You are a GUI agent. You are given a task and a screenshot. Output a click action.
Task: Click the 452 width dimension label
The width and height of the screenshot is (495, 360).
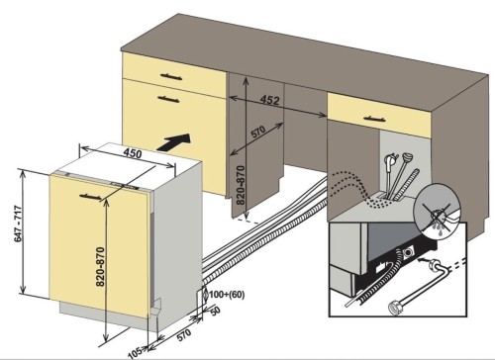tap(270, 100)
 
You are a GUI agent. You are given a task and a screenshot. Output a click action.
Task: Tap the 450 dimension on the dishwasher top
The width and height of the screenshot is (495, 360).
tap(133, 153)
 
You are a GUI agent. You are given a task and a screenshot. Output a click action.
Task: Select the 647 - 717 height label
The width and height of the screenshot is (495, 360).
tap(18, 224)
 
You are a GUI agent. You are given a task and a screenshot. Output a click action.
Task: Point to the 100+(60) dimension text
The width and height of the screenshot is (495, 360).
tap(227, 295)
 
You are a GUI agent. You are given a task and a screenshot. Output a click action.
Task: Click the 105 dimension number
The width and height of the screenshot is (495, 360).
tap(136, 353)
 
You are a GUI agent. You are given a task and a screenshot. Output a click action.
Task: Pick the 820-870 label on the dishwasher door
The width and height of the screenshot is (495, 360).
tap(100, 267)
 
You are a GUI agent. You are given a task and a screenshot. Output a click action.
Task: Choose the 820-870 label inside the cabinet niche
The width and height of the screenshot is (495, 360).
tap(241, 185)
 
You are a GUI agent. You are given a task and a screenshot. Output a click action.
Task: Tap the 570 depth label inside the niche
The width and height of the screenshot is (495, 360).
tap(258, 133)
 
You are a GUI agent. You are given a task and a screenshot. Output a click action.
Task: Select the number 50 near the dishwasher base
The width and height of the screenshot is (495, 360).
tap(215, 312)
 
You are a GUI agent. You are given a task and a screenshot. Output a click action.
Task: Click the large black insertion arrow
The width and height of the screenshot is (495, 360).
tap(174, 142)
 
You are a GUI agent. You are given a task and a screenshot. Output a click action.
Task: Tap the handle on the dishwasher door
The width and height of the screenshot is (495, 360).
tap(90, 197)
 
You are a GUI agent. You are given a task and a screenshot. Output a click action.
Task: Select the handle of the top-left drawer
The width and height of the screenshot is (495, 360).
tap(171, 77)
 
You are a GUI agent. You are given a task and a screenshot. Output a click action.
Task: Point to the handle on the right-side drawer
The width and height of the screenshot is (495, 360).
tap(374, 119)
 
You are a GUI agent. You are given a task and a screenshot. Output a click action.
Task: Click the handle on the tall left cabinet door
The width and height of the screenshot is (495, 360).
tap(168, 99)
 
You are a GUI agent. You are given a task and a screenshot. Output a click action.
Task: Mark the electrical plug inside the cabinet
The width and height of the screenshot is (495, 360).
tap(389, 165)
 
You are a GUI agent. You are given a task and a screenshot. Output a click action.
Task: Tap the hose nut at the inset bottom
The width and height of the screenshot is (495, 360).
tap(395, 308)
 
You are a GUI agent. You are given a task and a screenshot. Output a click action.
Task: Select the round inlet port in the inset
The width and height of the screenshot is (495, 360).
tap(409, 253)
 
